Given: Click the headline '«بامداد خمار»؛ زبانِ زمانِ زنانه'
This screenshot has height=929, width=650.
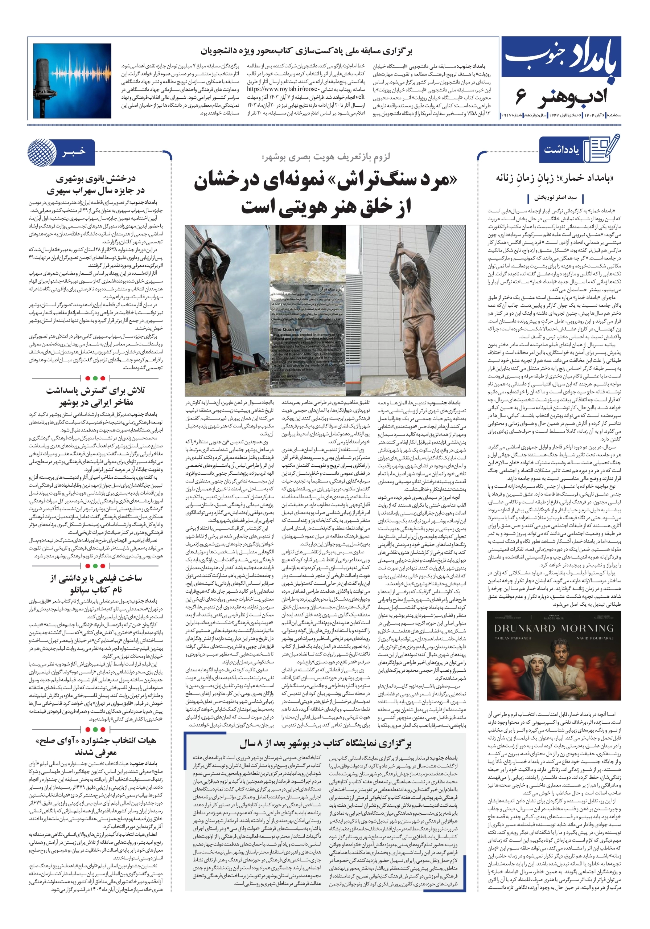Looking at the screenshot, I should tap(554, 178).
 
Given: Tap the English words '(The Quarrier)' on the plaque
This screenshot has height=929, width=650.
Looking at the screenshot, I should tap(288, 329).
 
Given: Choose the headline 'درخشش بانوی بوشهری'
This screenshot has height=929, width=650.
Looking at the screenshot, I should tap(96, 179).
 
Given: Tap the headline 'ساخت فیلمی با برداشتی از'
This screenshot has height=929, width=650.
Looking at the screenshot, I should tap(96, 577).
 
